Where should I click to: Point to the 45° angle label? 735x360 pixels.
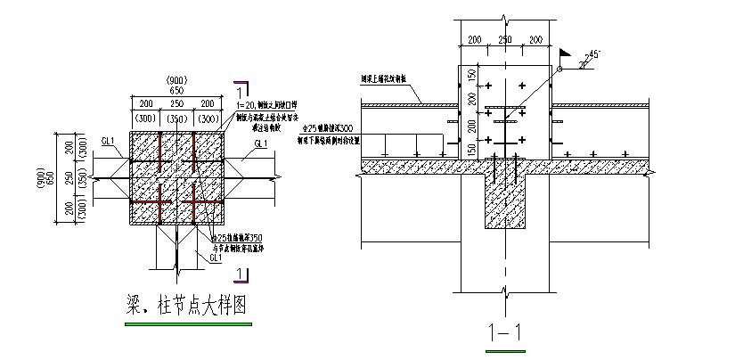click(x=592, y=55)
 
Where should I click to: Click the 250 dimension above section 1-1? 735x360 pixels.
click(x=503, y=40)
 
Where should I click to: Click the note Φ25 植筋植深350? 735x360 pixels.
click(x=241, y=238)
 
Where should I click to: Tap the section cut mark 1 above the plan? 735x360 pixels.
click(x=241, y=89)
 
